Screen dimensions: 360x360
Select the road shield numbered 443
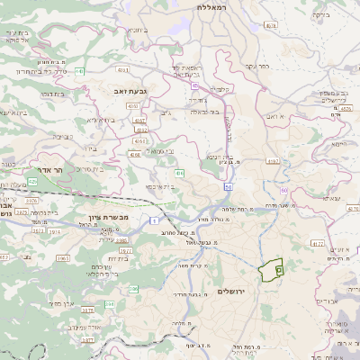click(79, 71)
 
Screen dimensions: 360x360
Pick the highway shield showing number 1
click(154, 220)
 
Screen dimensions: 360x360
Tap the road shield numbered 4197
click(273, 161)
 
